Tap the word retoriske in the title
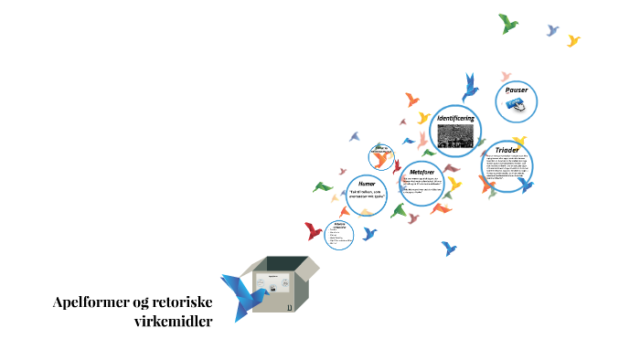tap(183, 304)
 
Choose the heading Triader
tap(507, 149)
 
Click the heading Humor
tap(367, 184)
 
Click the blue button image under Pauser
tap(517, 106)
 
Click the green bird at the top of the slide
tap(508, 23)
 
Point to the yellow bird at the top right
tap(573, 40)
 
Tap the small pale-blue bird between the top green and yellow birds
tap(552, 30)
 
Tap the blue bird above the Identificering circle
tap(470, 86)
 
